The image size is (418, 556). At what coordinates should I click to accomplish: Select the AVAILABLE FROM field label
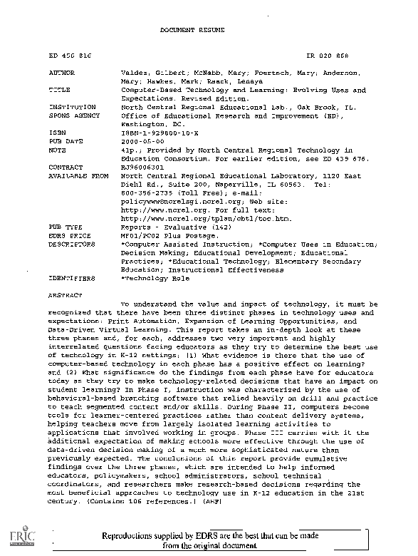pos(78,175)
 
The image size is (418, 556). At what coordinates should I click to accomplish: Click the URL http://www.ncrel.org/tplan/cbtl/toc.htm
pos(182,217)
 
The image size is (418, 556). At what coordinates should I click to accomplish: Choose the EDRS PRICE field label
pos(68,235)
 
